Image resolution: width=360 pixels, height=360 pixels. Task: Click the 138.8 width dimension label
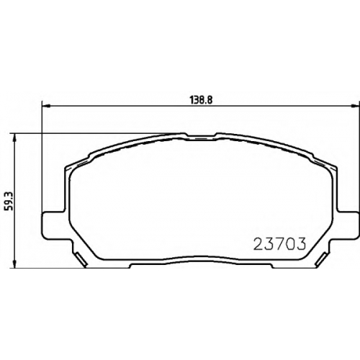coord(202,100)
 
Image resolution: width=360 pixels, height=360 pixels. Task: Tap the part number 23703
coord(279,244)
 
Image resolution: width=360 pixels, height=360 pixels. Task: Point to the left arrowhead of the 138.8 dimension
coord(45,105)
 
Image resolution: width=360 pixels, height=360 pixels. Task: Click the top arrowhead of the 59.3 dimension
coord(15,137)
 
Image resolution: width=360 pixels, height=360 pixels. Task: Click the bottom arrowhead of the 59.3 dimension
coord(15,264)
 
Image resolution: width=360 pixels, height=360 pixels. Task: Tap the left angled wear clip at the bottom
coord(81,258)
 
